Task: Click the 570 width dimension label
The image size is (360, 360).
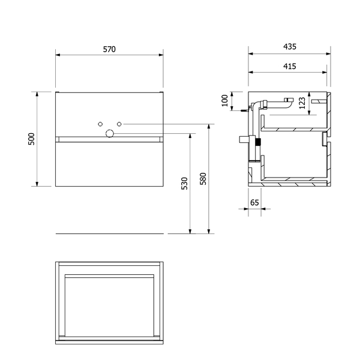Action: click(x=109, y=49)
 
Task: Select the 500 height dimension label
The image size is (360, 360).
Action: click(x=31, y=139)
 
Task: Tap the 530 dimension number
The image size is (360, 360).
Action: click(x=184, y=183)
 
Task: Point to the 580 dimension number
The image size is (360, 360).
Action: click(x=203, y=179)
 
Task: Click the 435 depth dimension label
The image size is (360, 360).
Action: click(x=290, y=47)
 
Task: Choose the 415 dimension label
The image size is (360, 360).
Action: click(x=290, y=67)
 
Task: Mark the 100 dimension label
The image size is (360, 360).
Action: click(x=225, y=100)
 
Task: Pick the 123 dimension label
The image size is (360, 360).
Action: click(x=302, y=103)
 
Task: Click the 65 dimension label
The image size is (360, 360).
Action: click(x=254, y=203)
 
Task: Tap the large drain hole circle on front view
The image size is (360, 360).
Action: click(x=110, y=133)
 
